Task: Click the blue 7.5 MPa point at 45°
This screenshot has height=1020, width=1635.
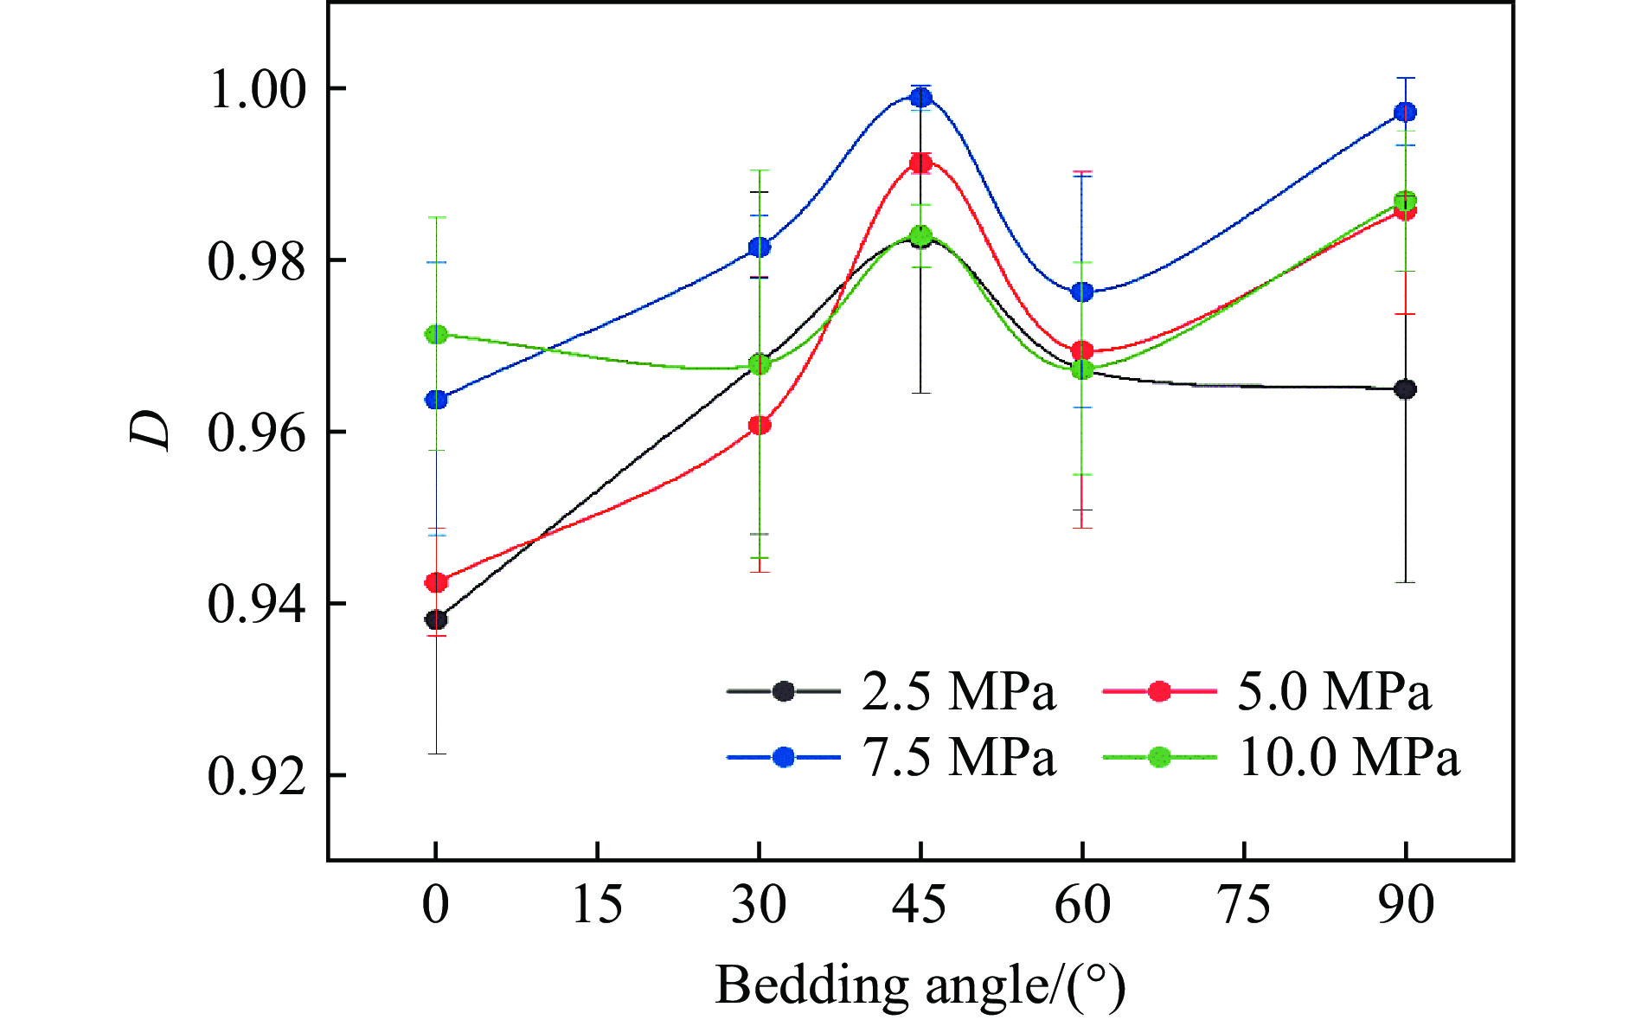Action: [x=920, y=97]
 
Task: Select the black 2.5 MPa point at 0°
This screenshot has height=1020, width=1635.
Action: [x=436, y=619]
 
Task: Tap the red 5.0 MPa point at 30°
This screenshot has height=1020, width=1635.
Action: [x=760, y=425]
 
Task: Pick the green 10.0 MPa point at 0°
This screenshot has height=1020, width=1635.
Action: [x=436, y=334]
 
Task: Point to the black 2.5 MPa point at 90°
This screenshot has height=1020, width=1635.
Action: [x=1406, y=389]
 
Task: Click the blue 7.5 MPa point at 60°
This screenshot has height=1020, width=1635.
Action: [x=1082, y=292]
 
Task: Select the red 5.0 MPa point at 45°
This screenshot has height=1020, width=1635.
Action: [x=920, y=162]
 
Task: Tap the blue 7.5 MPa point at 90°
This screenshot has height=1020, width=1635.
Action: [x=1406, y=112]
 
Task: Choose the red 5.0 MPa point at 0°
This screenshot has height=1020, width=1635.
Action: [x=436, y=582]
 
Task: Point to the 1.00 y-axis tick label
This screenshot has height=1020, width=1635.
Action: [x=258, y=89]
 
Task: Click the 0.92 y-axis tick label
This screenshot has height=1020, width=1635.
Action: [x=258, y=776]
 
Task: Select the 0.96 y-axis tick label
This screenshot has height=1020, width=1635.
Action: [x=258, y=433]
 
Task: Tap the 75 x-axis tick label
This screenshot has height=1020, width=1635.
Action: [x=1244, y=905]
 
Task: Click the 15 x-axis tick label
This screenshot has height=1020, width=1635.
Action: [x=597, y=905]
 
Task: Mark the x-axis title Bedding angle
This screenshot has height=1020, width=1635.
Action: [x=920, y=985]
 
